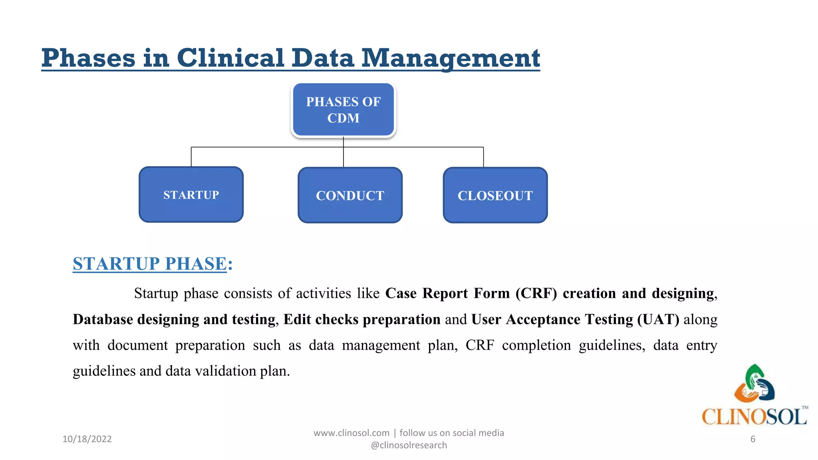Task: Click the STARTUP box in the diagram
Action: pos(191,194)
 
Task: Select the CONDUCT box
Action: pos(350,195)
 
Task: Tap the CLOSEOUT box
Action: pos(495,195)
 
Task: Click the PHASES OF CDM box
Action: pos(343,110)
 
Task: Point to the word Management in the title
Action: pos(450,58)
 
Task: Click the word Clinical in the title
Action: pos(230,58)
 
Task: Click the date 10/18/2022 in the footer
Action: pos(87,439)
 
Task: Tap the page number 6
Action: pos(752,439)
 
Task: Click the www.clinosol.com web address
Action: pos(351,433)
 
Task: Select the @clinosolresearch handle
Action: pos(409,445)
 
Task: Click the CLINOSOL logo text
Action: pos(754,417)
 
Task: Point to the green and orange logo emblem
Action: pos(754,384)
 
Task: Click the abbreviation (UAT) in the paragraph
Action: pos(658,319)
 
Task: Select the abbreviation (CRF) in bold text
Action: pos(536,293)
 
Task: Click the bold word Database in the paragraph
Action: pos(103,319)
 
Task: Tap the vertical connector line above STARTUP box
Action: pos(191,157)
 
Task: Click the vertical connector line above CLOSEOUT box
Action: pos(483,157)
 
